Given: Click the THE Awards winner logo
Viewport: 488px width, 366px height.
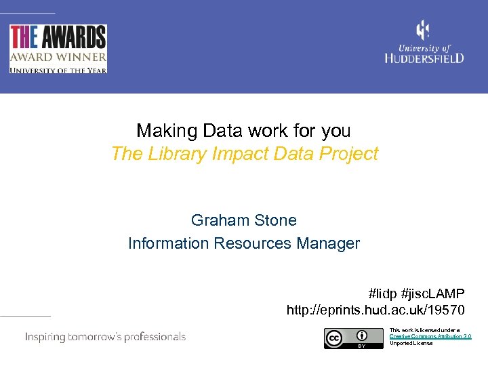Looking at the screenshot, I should tap(58, 48).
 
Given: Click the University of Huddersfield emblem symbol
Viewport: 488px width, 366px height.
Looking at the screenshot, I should tap(423, 30).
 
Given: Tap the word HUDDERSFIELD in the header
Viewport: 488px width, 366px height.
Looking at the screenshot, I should tap(424, 58).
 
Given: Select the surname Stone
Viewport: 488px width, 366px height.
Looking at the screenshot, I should tap(274, 220).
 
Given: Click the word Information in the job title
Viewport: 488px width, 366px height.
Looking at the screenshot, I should tap(169, 243).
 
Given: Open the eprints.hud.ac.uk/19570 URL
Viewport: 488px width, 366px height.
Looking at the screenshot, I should tap(375, 311).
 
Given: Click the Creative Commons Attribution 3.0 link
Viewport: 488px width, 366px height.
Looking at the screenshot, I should tap(430, 336).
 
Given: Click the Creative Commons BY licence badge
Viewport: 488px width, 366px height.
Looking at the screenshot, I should tap(346, 338).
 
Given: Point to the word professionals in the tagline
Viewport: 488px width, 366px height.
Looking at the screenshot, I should tap(150, 337).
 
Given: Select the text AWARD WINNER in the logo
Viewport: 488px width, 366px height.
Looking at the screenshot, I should tap(58, 57).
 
